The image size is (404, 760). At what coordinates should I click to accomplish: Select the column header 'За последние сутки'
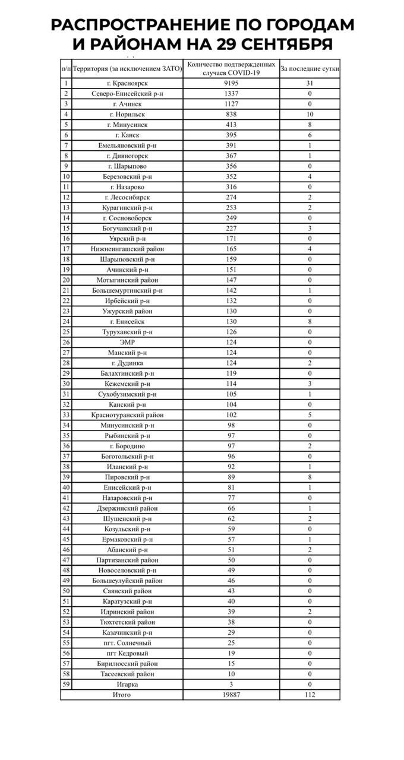pos(310,69)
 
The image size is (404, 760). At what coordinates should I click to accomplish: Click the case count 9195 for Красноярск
pos(231,83)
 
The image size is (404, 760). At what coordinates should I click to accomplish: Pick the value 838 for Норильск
pos(231,114)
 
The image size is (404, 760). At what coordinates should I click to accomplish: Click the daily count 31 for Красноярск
pos(310,83)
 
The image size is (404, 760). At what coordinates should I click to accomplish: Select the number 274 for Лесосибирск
pos(231,197)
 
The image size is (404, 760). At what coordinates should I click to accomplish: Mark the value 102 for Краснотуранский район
pos(231,414)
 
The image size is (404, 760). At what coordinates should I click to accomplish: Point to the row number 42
pos(66,508)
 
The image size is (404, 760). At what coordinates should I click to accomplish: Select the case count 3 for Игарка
pos(231,684)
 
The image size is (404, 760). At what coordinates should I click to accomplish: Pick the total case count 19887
pos(231,695)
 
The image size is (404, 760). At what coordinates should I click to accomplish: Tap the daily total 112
pos(310,695)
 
